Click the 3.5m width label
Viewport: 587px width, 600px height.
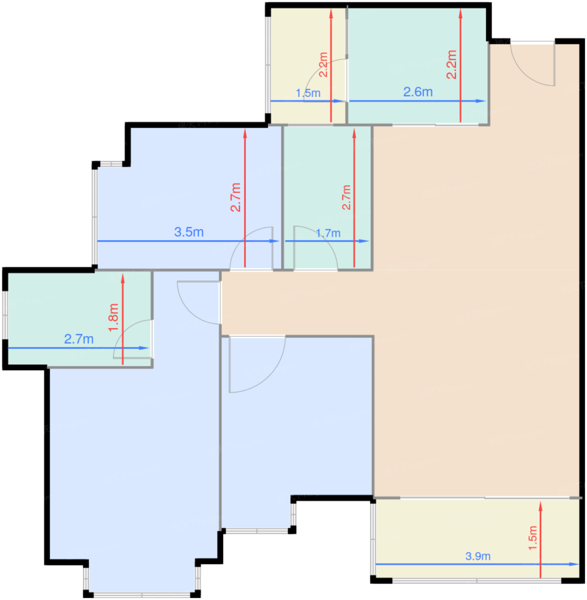(x=189, y=232)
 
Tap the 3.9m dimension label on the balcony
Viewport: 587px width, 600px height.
(x=478, y=556)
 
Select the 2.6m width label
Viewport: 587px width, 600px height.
(x=418, y=92)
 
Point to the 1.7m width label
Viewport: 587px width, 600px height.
(x=328, y=233)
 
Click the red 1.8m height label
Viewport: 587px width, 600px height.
(x=113, y=318)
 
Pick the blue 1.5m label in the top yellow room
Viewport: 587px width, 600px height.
(x=308, y=93)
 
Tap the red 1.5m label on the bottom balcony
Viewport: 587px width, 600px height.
(x=532, y=538)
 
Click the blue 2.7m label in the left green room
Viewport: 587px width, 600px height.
(x=79, y=339)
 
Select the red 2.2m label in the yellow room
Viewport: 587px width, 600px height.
(x=323, y=64)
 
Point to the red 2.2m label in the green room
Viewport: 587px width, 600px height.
(x=452, y=64)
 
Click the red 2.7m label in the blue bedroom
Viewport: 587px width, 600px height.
(x=236, y=197)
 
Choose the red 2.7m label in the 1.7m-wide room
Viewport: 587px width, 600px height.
(x=346, y=197)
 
